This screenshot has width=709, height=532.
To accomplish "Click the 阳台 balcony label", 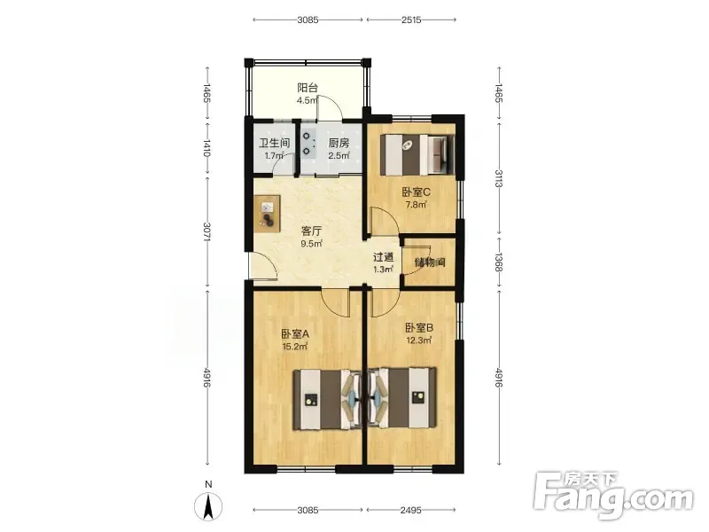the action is (x=308, y=88).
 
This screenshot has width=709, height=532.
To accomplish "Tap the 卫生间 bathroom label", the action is (x=274, y=144).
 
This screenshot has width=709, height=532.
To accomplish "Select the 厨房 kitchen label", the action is (x=339, y=144).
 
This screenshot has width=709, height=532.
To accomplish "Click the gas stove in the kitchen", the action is (x=308, y=144).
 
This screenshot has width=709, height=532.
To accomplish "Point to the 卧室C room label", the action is (x=416, y=192).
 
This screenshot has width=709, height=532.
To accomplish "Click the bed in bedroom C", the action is (x=417, y=154).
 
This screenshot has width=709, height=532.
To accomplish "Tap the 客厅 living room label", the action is (x=312, y=231).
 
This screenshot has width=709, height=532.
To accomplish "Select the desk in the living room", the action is (x=267, y=214).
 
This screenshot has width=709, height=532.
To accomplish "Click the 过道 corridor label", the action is (x=383, y=257).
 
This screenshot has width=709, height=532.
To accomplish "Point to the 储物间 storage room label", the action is (x=430, y=262).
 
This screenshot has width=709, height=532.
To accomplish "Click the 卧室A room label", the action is (x=295, y=334).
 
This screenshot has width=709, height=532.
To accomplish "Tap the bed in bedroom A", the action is (x=327, y=399).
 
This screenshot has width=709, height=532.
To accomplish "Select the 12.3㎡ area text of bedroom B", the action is (x=418, y=340).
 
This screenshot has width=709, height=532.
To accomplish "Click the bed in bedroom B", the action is (x=402, y=398).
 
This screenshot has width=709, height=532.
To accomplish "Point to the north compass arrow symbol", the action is (x=208, y=506).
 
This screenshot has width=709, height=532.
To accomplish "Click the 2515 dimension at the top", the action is (x=411, y=20).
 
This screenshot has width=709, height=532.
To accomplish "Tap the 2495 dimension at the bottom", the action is (x=411, y=511).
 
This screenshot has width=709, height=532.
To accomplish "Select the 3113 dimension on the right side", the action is (x=499, y=178).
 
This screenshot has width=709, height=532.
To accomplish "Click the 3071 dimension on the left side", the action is (x=207, y=231).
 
